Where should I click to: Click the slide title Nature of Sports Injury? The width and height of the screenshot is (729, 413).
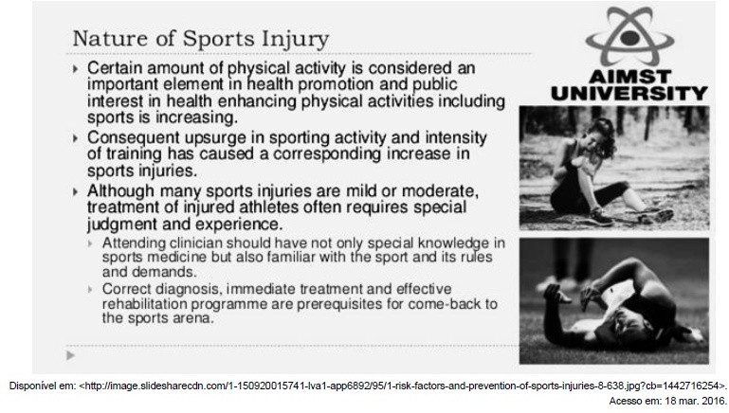click(201, 39)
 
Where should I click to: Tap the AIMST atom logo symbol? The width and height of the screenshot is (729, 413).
click(629, 36)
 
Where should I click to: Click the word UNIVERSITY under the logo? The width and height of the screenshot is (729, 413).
click(629, 94)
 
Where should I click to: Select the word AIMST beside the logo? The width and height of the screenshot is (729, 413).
click(629, 76)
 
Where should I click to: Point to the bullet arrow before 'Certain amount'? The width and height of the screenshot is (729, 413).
click(75, 69)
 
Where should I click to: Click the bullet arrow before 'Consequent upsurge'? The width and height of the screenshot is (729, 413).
click(75, 138)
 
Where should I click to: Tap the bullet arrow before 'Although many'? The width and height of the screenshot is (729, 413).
click(75, 191)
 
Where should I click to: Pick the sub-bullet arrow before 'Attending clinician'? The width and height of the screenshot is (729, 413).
click(91, 243)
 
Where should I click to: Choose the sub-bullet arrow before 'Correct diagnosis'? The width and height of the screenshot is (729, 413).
click(91, 290)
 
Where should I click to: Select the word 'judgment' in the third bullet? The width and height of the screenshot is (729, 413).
click(122, 224)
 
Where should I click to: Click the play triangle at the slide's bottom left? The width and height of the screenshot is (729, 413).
click(71, 356)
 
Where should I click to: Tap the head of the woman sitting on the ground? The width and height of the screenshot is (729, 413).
click(601, 135)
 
